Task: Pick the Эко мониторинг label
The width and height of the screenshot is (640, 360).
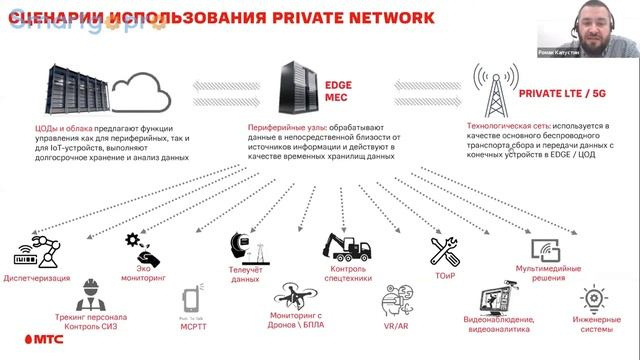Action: point(141,273)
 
